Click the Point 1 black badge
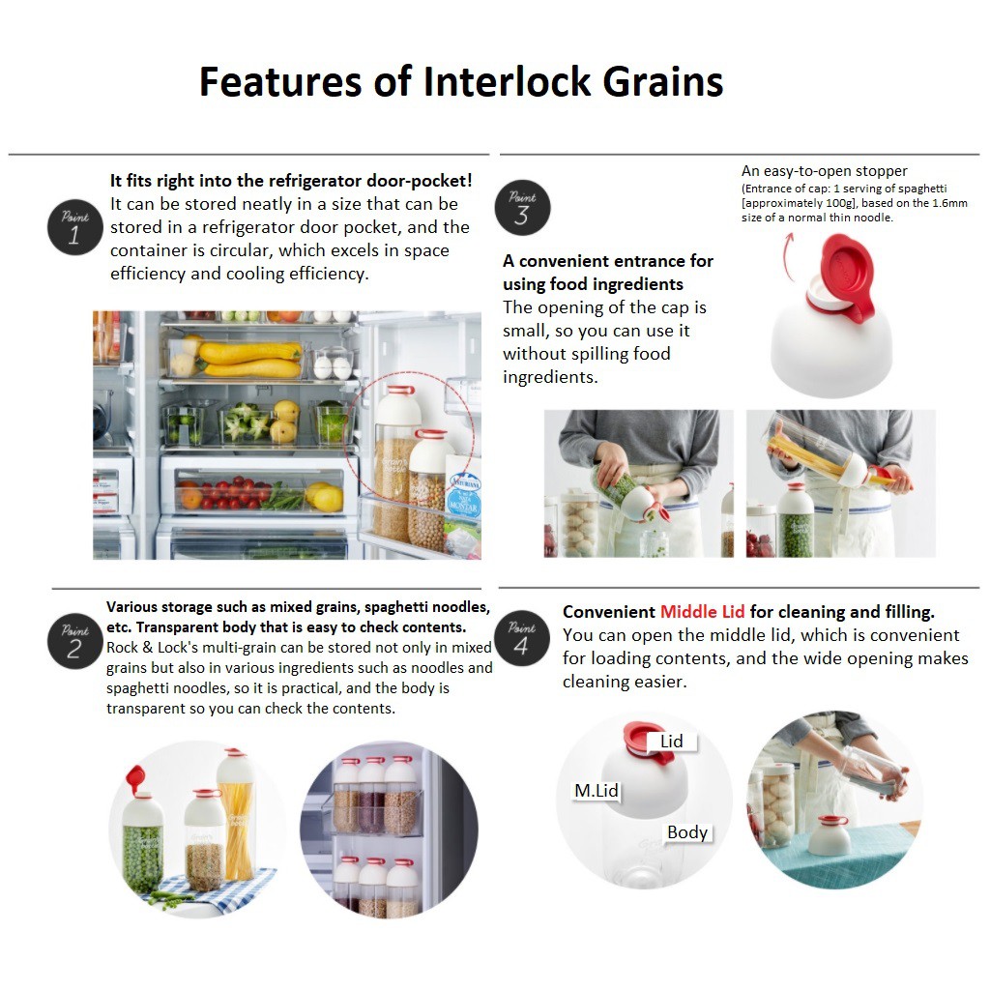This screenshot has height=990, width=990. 75,227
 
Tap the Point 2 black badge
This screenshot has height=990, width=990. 75,641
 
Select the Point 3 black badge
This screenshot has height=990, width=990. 522,208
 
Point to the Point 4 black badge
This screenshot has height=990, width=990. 522,638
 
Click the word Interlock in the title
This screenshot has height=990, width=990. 507,82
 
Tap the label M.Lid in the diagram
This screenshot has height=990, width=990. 596,791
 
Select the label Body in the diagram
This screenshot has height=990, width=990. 687,832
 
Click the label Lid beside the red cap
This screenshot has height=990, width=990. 671,742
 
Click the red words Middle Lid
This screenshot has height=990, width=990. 702,612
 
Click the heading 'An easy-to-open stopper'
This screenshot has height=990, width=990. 824,171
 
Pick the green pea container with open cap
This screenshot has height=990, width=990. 142,832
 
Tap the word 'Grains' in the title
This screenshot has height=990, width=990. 663,82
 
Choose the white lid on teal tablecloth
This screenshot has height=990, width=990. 829,835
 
